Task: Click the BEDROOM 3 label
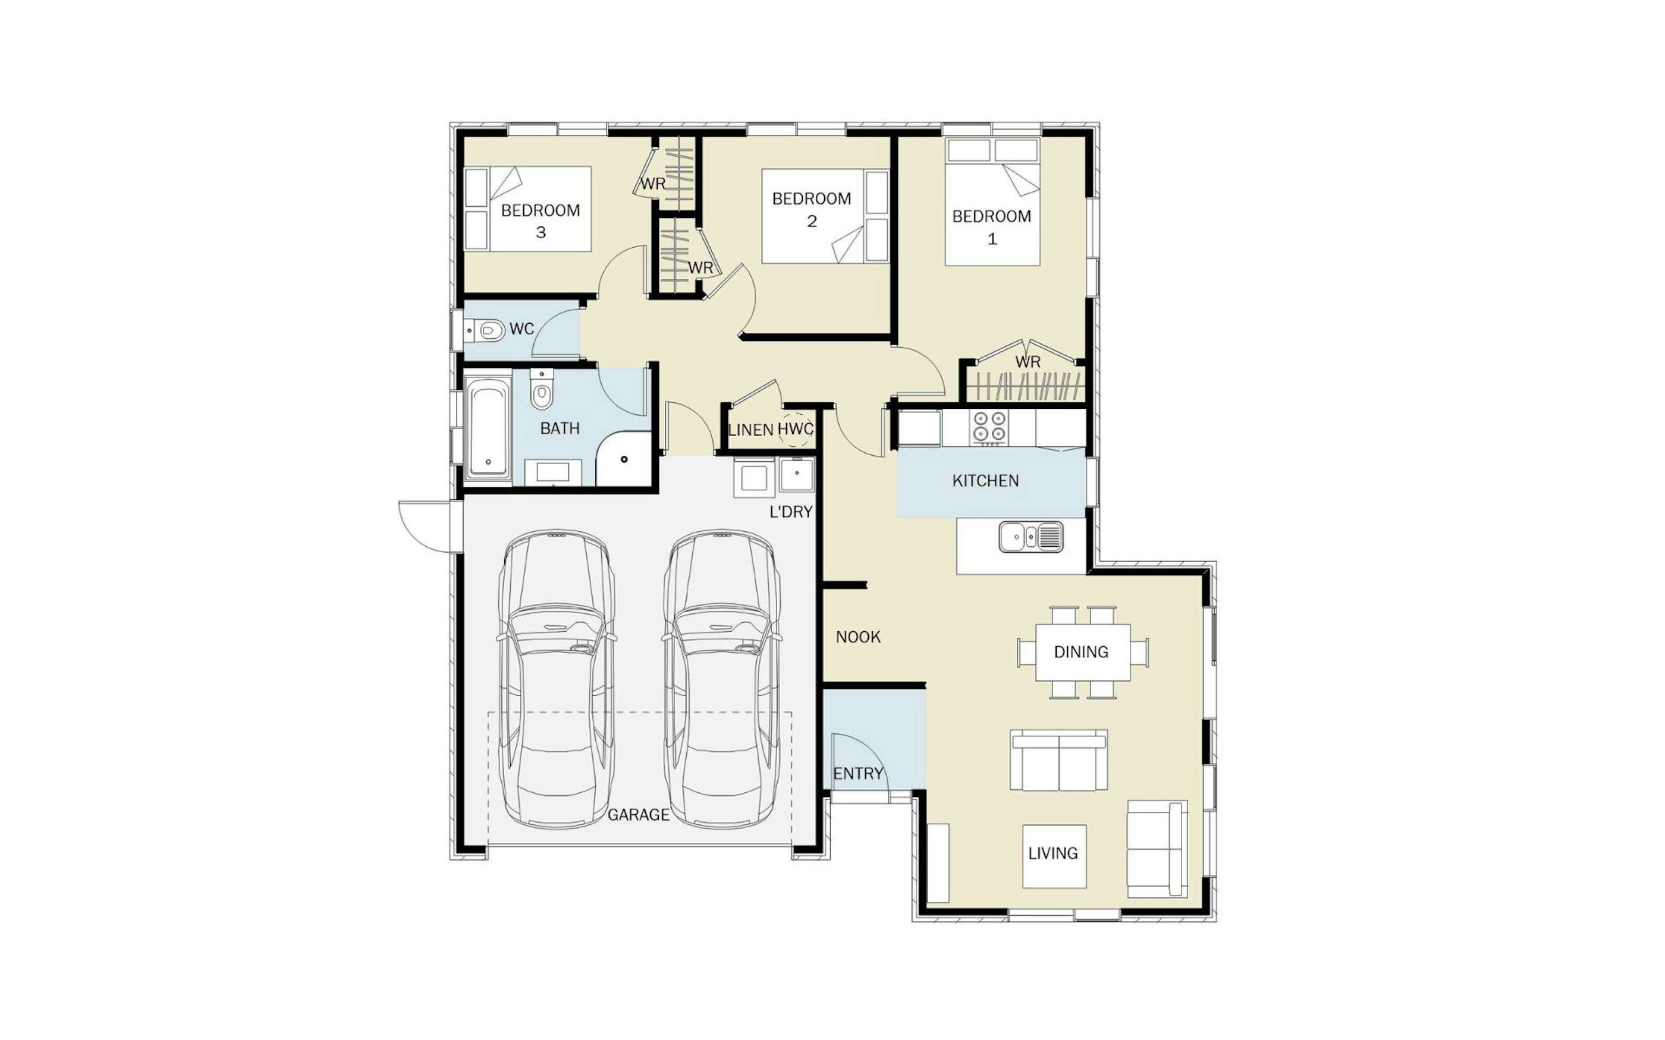click(x=540, y=221)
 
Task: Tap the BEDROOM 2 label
click(x=811, y=210)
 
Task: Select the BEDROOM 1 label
click(x=991, y=227)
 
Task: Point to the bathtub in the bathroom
click(x=487, y=428)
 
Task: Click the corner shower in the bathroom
click(x=623, y=459)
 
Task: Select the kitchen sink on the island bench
click(x=1031, y=537)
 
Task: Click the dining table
click(x=1082, y=652)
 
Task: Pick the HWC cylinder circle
click(x=796, y=430)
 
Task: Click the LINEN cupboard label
click(x=750, y=430)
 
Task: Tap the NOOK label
click(x=858, y=637)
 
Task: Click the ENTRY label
click(x=858, y=774)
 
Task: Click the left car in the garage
click(x=557, y=678)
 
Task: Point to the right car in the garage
click(x=722, y=678)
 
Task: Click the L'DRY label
click(x=790, y=512)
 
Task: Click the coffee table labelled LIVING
click(x=1054, y=856)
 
